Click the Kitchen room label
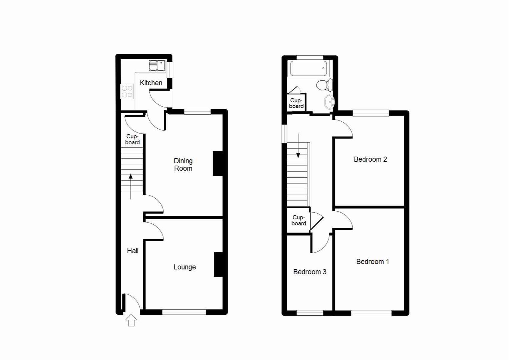tap(151, 83)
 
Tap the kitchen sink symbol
tap(157, 65)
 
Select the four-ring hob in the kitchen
tap(127, 92)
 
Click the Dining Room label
tap(183, 165)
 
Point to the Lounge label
tap(184, 267)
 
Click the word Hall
tap(132, 251)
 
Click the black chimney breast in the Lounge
tap(218, 264)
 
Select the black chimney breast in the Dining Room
tap(217, 163)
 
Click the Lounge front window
tap(184, 312)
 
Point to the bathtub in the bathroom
tap(309, 68)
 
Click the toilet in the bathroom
tap(324, 85)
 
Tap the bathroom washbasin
tap(329, 102)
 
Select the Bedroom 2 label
tap(370, 159)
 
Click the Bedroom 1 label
tap(373, 262)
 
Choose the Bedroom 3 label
tap(310, 272)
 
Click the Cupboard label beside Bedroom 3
tap(299, 220)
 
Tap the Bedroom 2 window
tap(371, 113)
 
